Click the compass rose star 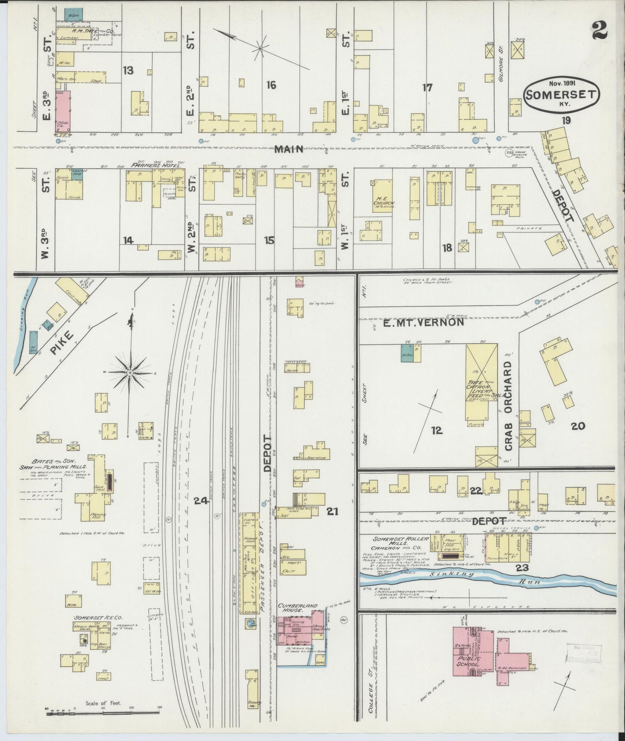[130, 372]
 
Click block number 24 [201, 501]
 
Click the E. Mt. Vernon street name [423, 322]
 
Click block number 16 [271, 85]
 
